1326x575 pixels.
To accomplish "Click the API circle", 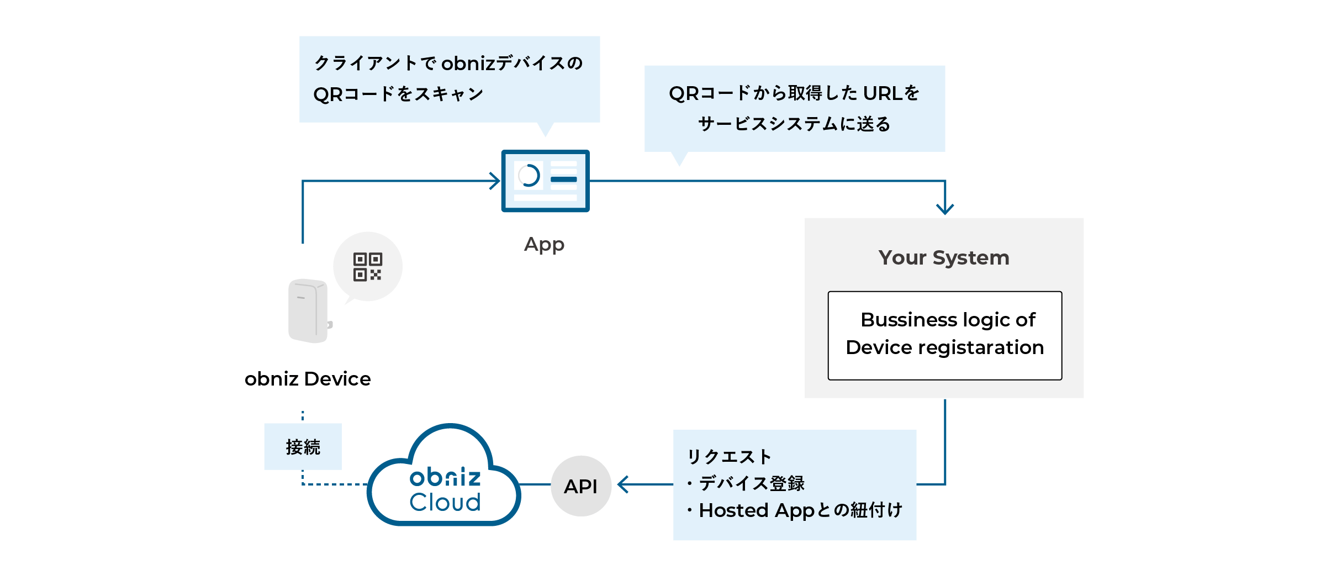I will point(581,486).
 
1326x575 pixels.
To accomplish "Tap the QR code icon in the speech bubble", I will point(368,267).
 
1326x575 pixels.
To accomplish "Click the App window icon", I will point(545,181).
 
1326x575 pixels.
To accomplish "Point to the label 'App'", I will point(544,244).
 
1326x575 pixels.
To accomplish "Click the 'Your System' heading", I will point(944,257).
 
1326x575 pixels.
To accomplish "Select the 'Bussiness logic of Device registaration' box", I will point(944,335).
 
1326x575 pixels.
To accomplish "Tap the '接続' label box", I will point(303,446).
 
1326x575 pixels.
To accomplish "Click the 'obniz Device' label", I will point(308,379).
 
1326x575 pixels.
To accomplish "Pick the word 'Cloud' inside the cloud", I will point(445,502).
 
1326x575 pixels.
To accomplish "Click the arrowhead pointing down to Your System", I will point(945,209).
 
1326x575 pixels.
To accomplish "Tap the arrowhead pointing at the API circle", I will point(624,484).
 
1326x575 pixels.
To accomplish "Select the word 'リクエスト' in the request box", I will point(729,457).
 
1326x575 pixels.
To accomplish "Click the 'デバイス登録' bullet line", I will point(751,483).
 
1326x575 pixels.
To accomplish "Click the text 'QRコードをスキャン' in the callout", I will point(398,94).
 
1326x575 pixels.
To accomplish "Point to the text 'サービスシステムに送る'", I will point(794,124).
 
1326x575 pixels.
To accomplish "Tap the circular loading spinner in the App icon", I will point(529,176).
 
